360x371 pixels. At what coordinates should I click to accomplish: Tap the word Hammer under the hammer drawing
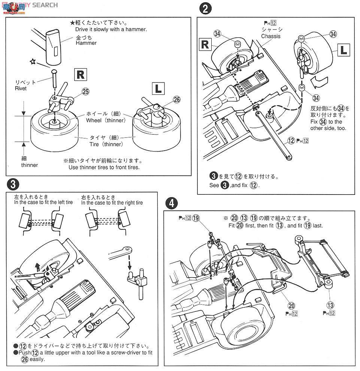pos(86,43)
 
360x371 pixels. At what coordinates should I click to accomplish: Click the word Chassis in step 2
pos(270,36)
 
